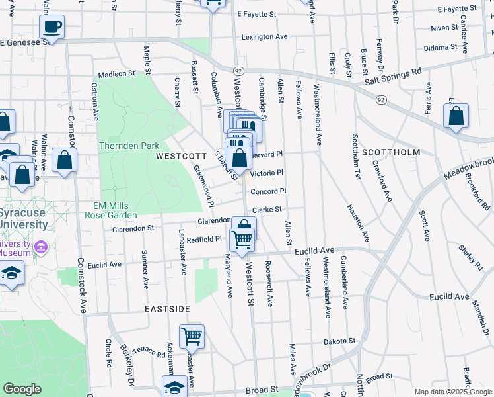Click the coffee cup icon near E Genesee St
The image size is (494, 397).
[52, 27]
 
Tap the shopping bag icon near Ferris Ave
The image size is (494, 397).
[456, 116]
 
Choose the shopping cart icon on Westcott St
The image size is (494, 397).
[242, 239]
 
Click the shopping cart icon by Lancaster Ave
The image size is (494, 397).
[192, 335]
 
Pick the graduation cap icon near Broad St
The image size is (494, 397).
[175, 386]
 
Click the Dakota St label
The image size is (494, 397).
[339, 341]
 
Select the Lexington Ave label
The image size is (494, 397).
[265, 38]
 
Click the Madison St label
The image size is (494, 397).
[116, 74]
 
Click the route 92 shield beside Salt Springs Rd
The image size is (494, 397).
[381, 99]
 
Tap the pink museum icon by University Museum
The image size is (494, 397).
[42, 247]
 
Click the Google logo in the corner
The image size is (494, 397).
[22, 389]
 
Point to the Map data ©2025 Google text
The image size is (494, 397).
[452, 392]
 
